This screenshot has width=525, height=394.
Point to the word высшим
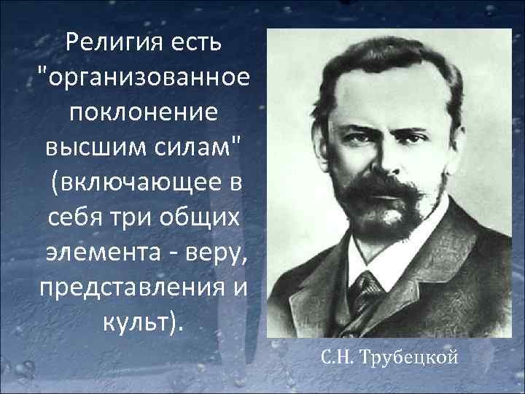click(82, 146)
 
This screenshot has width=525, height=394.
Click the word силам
click(194, 146)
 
